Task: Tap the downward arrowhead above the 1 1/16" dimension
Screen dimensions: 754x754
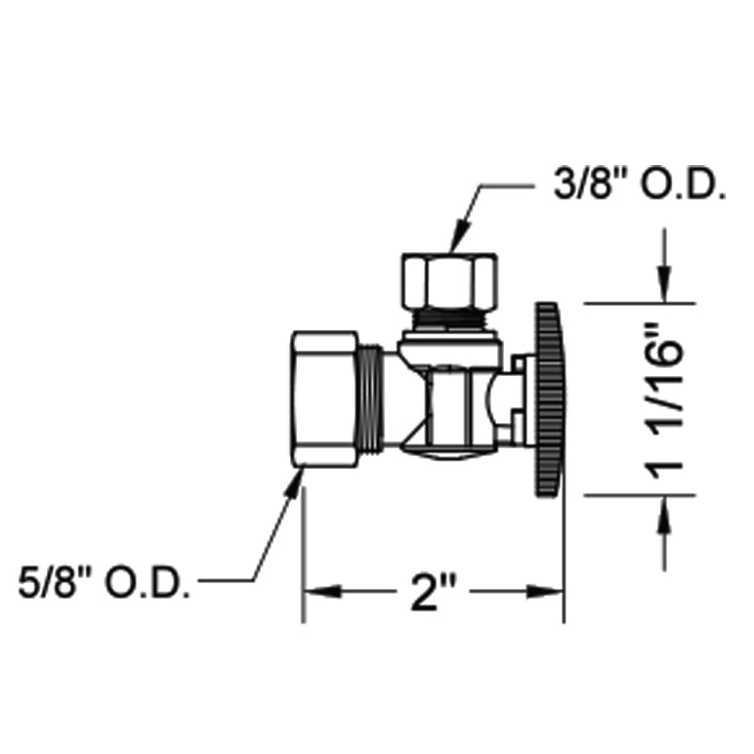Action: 665,289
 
